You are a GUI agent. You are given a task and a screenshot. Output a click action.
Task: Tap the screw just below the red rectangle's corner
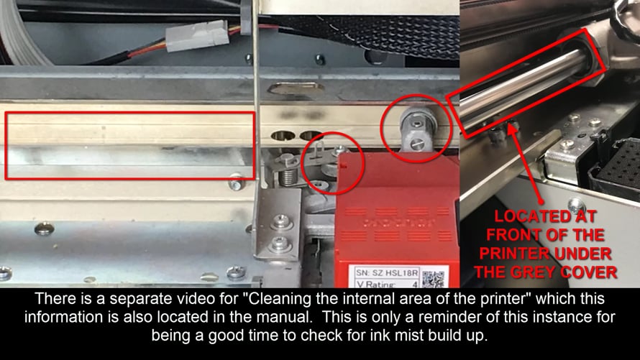pyautogui.click(x=236, y=185)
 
